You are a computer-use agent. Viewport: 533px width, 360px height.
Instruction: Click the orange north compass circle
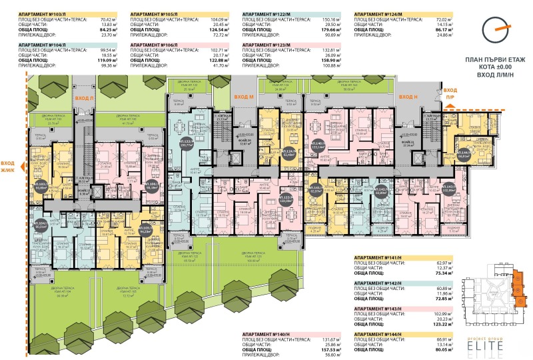[494, 26]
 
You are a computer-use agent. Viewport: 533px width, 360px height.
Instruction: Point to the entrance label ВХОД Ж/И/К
[9, 165]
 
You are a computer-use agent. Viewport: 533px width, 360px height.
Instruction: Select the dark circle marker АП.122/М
[179, 143]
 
